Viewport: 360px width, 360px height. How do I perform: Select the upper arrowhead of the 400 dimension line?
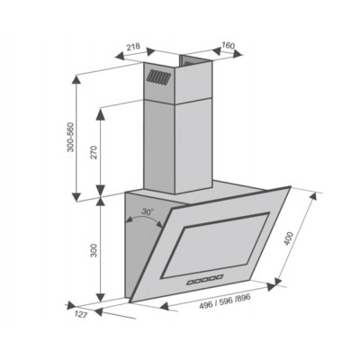[x=318, y=195]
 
